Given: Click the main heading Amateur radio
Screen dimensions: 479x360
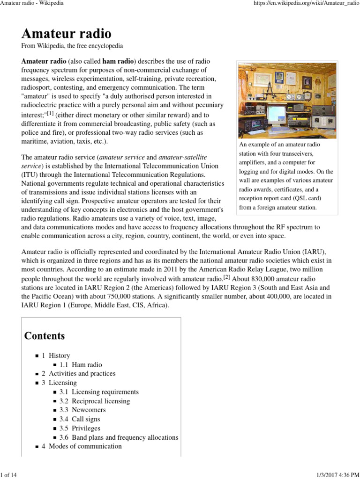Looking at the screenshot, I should (x=66, y=34).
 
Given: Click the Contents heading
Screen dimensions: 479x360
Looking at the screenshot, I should (x=45, y=335).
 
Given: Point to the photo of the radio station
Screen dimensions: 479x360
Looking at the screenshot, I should (x=287, y=100).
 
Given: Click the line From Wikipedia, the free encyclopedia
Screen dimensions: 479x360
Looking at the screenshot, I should (x=72, y=46).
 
